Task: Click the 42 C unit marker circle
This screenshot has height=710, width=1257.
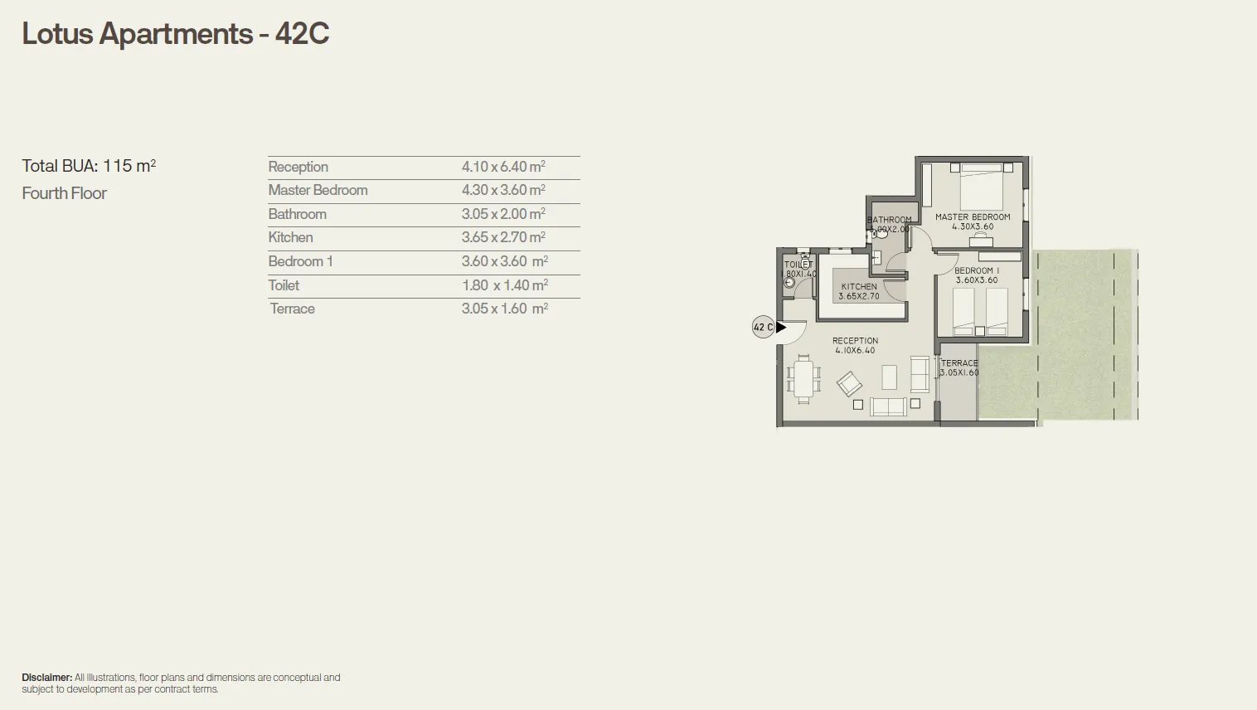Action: (763, 327)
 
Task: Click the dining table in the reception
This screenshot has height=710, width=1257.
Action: (803, 378)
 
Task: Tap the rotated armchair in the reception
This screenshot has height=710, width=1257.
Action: (849, 384)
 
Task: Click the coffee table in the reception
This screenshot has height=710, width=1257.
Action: (889, 377)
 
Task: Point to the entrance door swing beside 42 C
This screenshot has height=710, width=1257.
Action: (794, 333)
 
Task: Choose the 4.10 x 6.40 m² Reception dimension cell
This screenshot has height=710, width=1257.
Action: (503, 167)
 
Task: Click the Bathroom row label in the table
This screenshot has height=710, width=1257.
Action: (297, 214)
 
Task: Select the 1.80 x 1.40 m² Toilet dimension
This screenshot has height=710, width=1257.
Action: (504, 285)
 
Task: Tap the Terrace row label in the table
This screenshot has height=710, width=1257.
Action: (292, 309)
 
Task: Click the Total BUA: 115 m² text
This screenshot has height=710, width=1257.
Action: (89, 166)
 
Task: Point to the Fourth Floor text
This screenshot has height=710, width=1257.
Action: (65, 193)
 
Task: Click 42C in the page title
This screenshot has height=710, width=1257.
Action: (302, 34)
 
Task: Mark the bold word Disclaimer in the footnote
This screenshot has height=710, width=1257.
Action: (46, 678)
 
